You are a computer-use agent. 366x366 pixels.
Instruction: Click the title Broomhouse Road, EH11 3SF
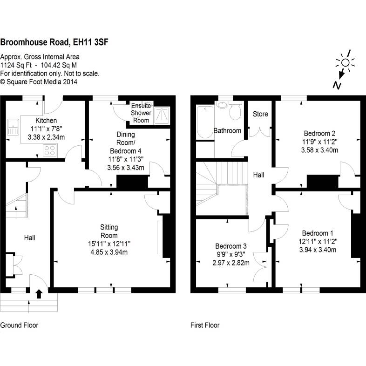point(54,43)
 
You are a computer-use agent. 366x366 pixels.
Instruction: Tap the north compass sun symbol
point(345,63)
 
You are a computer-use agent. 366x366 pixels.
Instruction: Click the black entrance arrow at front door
point(39,293)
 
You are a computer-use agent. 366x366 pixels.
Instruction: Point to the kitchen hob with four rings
point(50,150)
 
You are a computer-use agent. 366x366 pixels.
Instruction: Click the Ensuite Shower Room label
point(141,113)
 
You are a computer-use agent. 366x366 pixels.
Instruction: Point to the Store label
point(260,114)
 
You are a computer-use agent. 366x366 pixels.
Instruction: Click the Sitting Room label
point(109,231)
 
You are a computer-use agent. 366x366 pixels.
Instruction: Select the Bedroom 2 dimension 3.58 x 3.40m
point(319,150)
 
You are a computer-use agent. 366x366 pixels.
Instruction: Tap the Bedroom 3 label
point(231,246)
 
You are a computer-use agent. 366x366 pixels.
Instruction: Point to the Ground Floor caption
point(19,325)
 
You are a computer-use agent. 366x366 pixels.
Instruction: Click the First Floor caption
point(205,325)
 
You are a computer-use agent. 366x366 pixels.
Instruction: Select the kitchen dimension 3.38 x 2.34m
point(46,137)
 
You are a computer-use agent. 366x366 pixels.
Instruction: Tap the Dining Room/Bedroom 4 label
point(125,142)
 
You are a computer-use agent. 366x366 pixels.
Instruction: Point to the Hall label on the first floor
point(259,175)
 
